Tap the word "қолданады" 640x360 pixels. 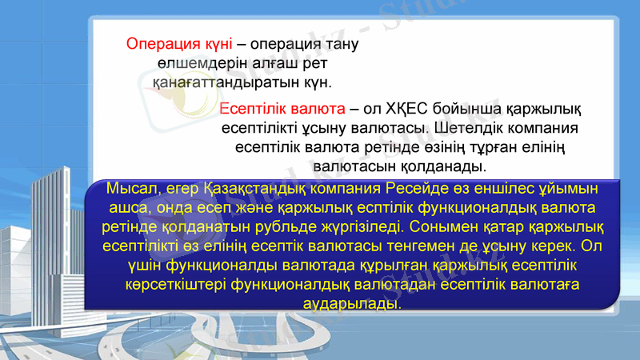click(x=447, y=167)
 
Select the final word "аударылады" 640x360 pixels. click(x=353, y=304)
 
